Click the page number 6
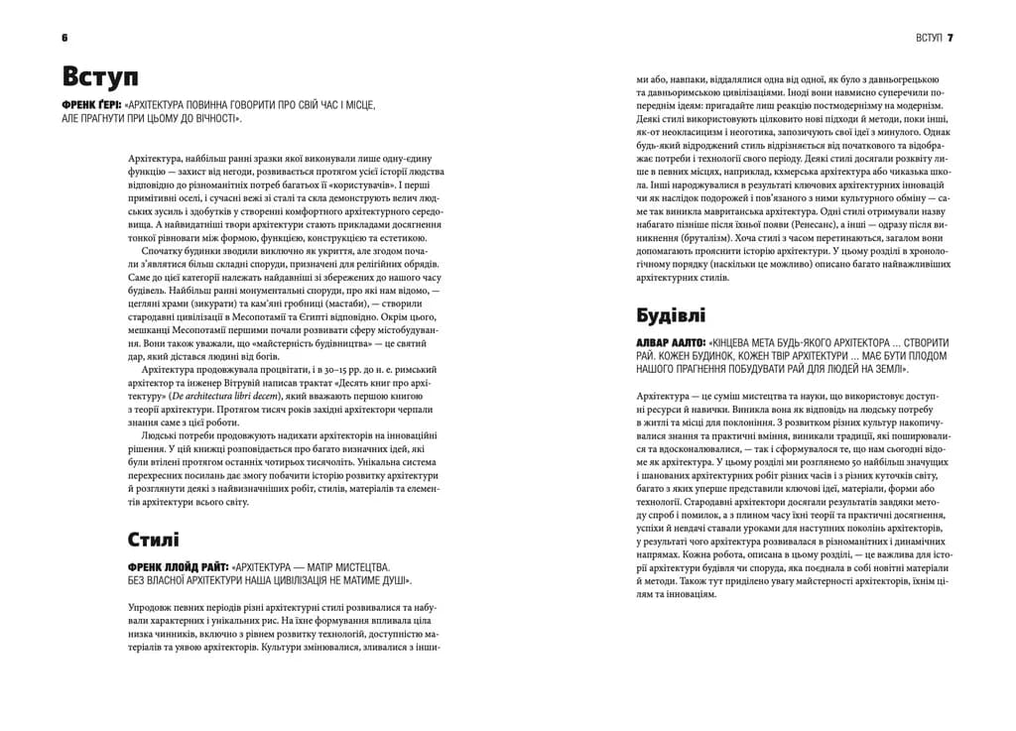point(64,37)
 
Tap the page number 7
point(950,37)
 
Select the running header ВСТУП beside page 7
point(927,37)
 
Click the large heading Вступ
point(99,77)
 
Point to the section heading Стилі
point(153,541)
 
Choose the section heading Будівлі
point(671,315)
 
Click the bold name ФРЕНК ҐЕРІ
point(93,104)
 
